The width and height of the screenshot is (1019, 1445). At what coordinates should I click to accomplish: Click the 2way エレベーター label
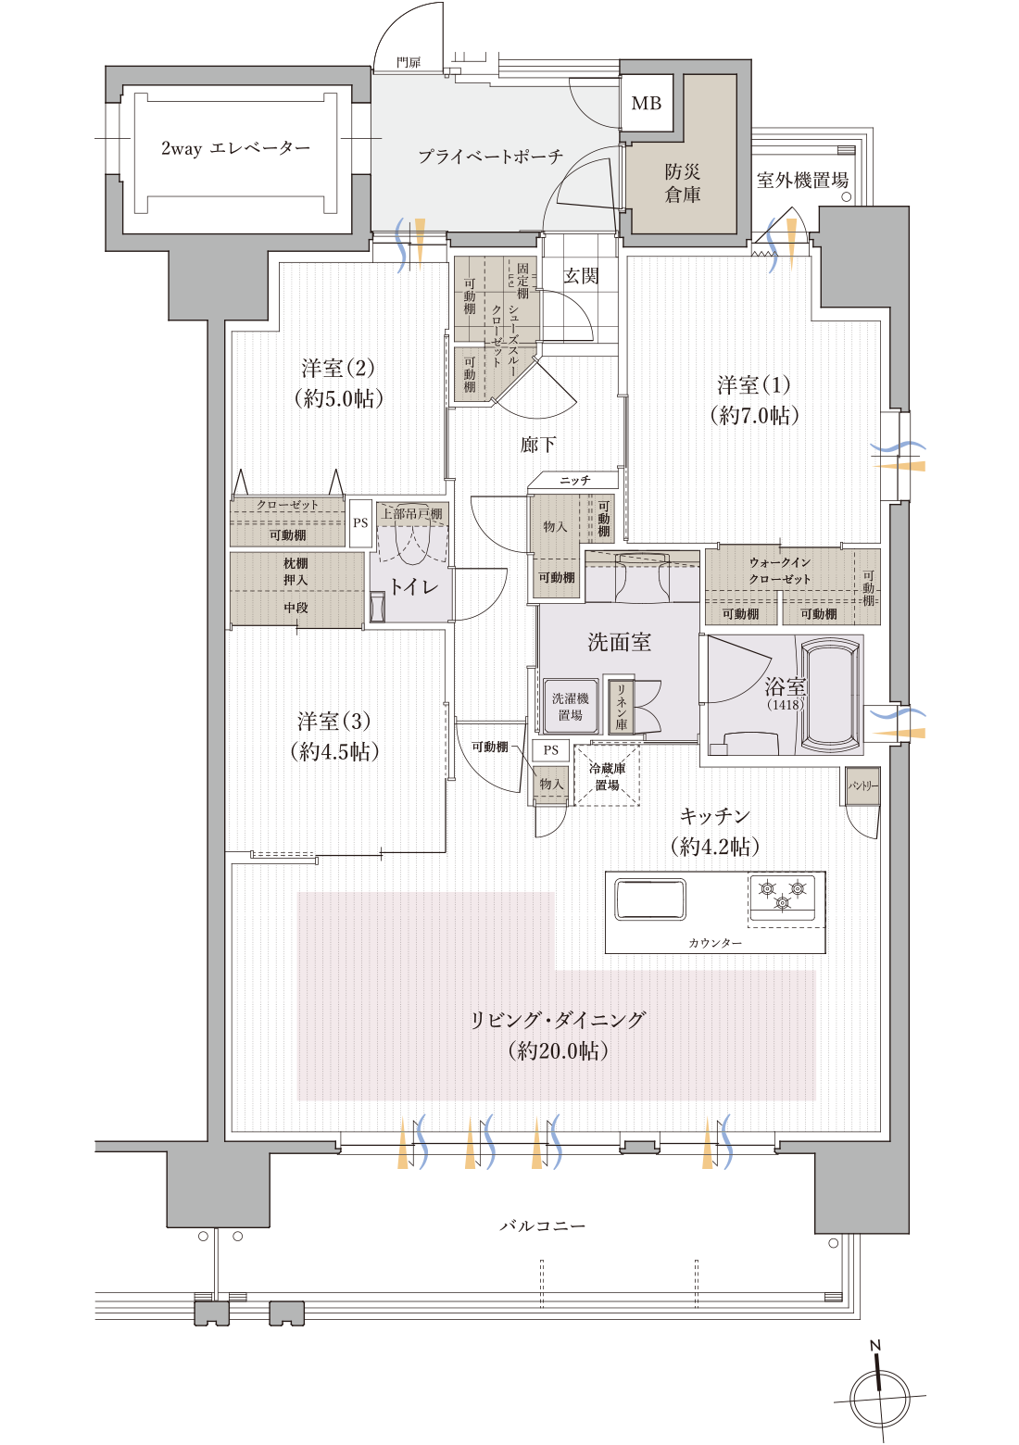[235, 148]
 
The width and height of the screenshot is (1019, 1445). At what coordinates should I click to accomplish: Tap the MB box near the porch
[646, 103]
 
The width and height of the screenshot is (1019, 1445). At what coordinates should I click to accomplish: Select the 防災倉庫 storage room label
[683, 182]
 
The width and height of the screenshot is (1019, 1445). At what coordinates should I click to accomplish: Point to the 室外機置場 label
[802, 181]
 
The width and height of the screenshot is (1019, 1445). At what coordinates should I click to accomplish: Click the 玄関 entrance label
[581, 276]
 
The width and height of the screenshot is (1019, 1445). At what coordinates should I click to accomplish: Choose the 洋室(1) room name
[754, 384]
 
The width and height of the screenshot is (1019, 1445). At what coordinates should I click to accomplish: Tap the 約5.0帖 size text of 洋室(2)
[338, 399]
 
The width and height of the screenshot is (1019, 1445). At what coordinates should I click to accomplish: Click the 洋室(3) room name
[333, 721]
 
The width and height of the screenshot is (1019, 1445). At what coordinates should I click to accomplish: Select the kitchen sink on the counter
[650, 899]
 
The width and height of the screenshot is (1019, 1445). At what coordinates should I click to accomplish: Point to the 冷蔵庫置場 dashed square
[607, 775]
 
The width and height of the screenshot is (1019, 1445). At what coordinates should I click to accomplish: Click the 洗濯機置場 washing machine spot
[570, 707]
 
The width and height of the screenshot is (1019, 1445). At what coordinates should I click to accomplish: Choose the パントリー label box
[862, 785]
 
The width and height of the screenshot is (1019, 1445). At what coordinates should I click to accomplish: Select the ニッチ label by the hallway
[574, 481]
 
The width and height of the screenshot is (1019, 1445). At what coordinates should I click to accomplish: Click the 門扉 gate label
[409, 62]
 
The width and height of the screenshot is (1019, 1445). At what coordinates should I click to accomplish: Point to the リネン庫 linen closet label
[621, 709]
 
